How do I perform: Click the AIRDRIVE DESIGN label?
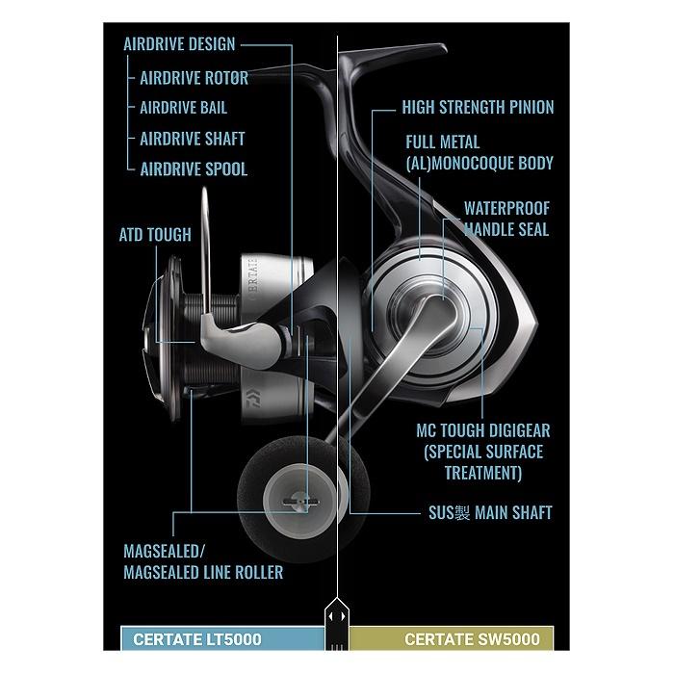(179, 44)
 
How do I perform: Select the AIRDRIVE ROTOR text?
(194, 78)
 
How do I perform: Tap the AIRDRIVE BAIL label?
(184, 108)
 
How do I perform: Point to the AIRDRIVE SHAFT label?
(193, 139)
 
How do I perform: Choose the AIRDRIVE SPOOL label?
(194, 169)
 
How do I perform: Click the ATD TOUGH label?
(155, 235)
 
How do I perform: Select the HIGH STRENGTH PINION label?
(478, 108)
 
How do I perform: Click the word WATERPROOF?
(506, 209)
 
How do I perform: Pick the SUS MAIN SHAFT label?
(490, 513)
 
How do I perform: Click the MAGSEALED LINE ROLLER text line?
(203, 573)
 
